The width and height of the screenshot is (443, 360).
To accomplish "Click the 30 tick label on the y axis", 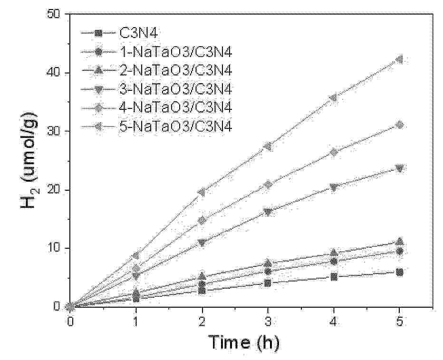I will pos(57,131).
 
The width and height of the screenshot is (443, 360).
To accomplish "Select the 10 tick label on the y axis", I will pos(57,248).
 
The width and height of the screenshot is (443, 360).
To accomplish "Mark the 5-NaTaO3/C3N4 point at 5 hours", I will pos(399,59).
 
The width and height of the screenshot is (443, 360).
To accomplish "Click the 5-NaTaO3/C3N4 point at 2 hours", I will pos(202,192).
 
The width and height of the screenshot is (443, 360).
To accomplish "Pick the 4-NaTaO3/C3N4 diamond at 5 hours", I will pos(399,125).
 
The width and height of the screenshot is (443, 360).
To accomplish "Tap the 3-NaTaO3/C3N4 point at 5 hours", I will pos(399,168).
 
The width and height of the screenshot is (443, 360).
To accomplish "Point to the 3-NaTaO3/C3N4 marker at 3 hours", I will pos(268,212).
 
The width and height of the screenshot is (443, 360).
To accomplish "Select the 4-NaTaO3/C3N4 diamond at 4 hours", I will pos(334,152).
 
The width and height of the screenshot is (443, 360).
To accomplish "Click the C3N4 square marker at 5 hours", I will pos(399,272).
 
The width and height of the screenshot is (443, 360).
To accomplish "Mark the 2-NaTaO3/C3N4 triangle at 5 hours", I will pos(399,242).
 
